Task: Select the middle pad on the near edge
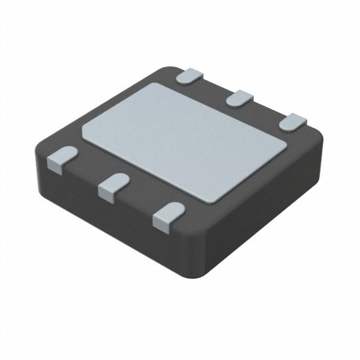click(x=112, y=185)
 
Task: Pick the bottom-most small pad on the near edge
click(x=167, y=216)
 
